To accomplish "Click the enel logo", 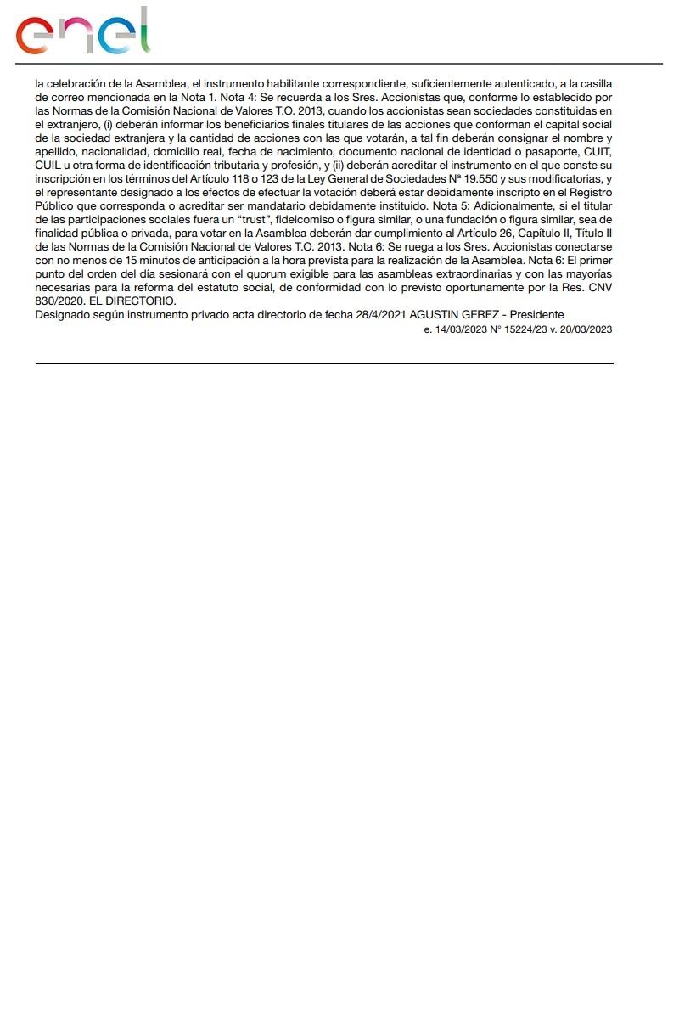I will (x=82, y=31).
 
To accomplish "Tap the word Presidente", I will (x=536, y=315).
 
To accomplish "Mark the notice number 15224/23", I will (x=521, y=329).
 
